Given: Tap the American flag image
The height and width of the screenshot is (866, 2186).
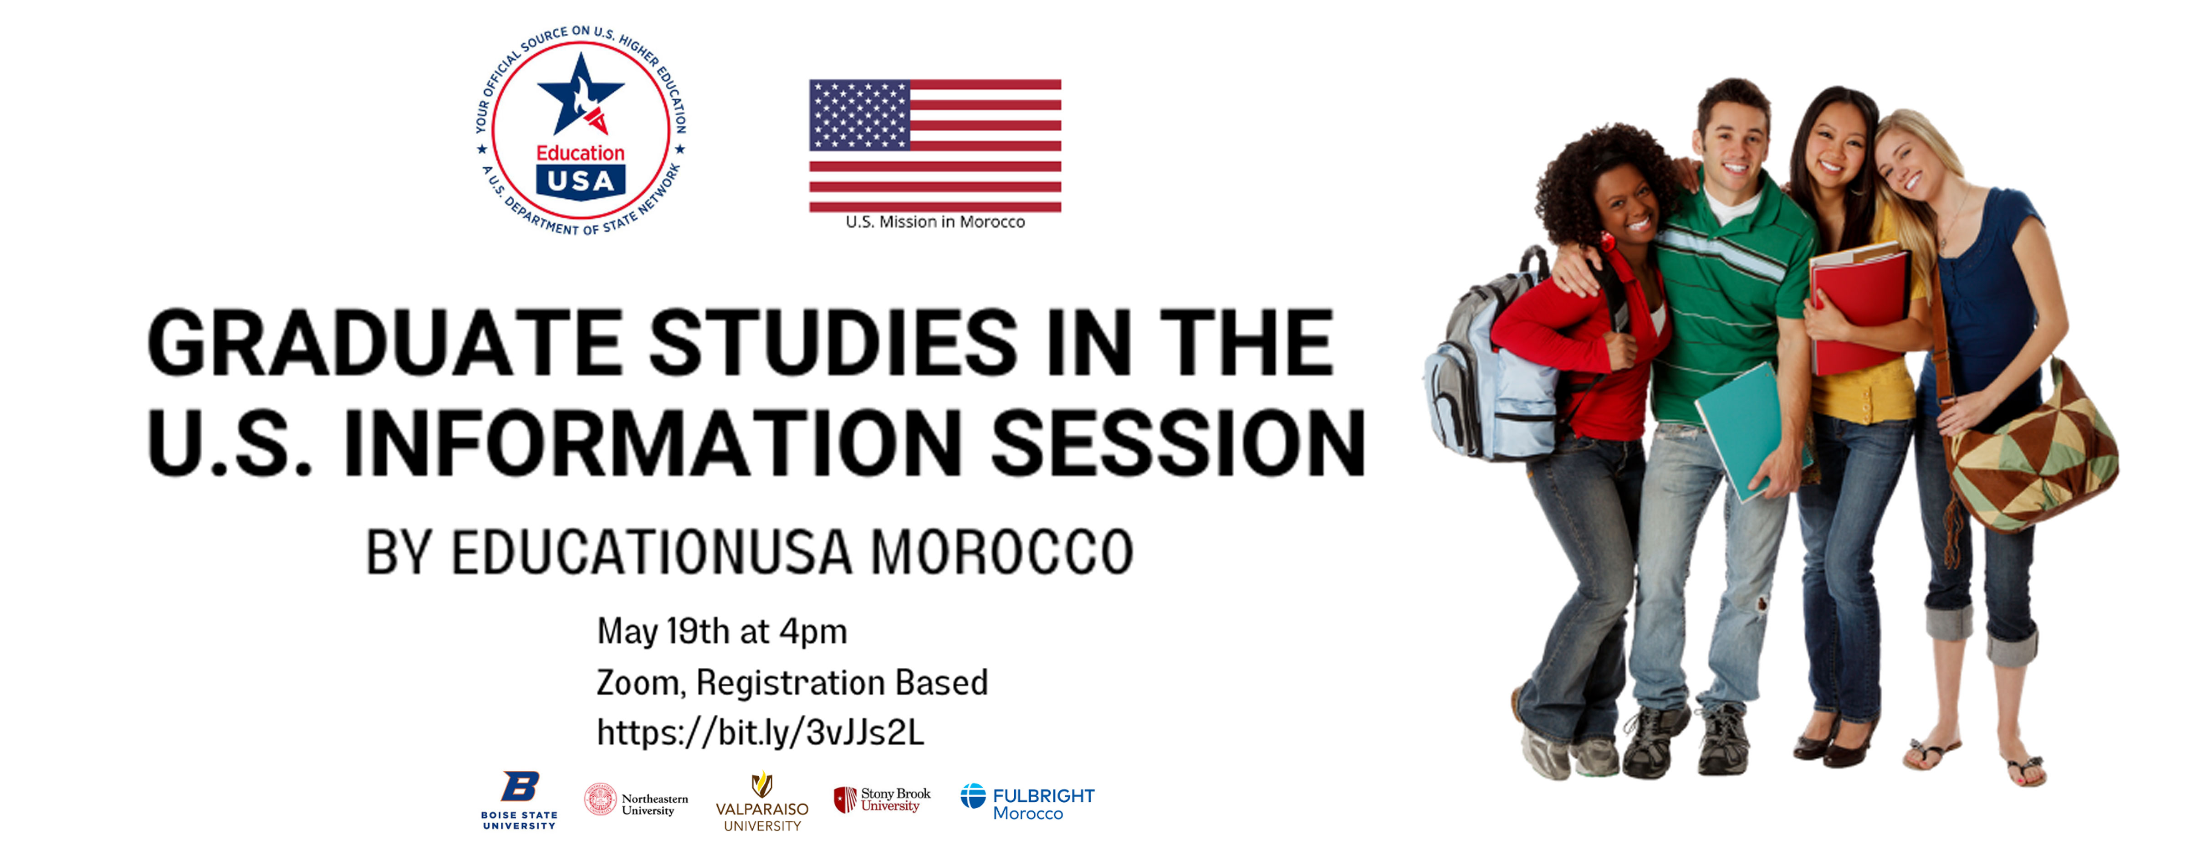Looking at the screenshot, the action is pos(935,145).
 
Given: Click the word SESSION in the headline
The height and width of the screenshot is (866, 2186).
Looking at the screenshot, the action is pos(1178,443).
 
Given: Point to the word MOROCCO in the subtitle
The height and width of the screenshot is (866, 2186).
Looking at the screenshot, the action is pos(1002,552).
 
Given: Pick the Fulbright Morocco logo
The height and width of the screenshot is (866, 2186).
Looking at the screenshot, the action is pos(1027,802).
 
